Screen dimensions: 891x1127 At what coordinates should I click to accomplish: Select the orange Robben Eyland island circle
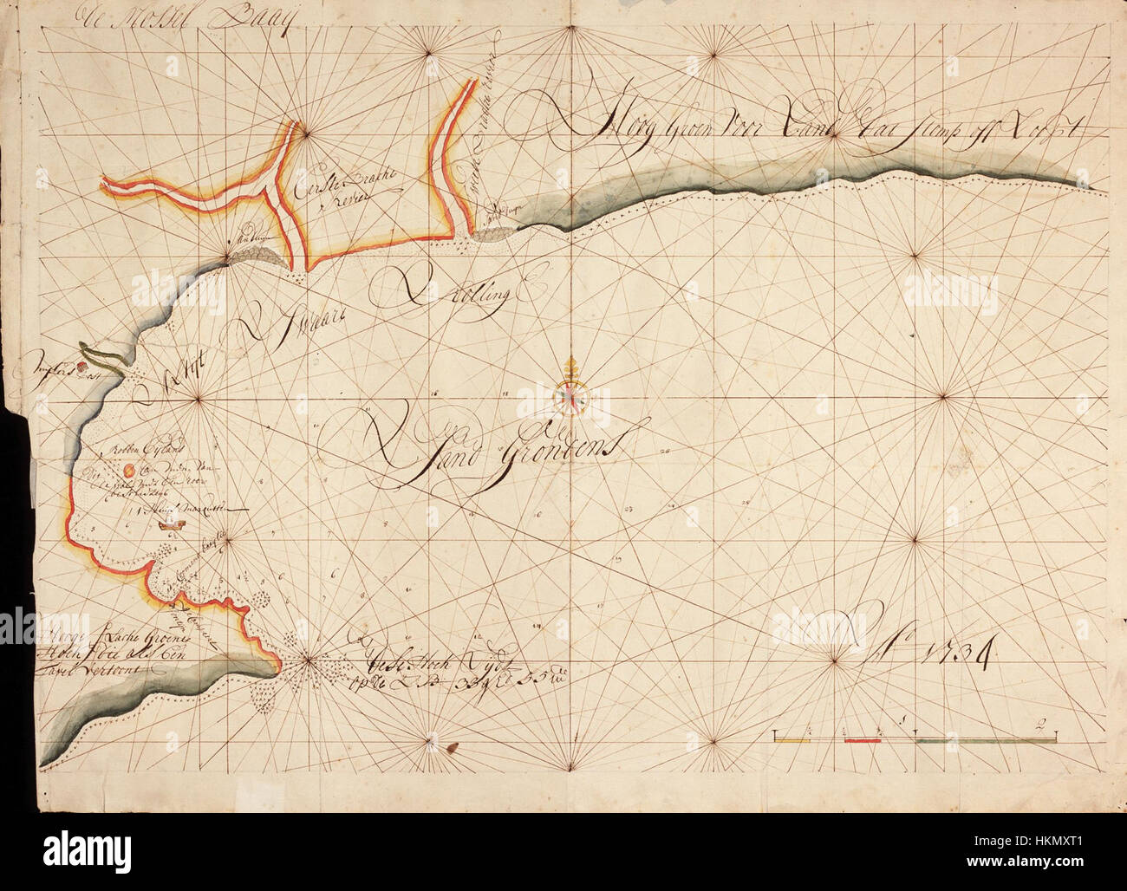[x=129, y=469]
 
